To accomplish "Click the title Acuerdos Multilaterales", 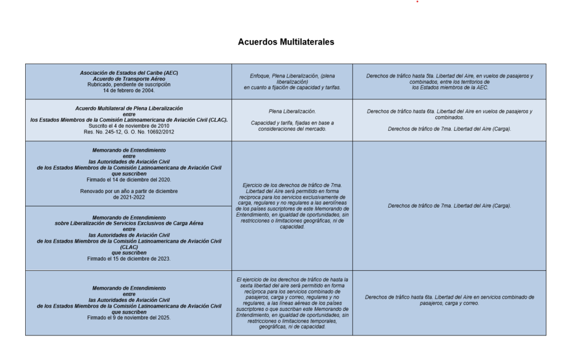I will (x=286, y=42).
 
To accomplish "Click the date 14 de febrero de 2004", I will (x=128, y=90).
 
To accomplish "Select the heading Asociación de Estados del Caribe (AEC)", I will (x=128, y=73).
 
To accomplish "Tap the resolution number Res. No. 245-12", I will (x=109, y=132).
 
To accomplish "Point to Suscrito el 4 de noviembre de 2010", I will (x=128, y=126).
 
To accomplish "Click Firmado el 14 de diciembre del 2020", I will (x=128, y=180).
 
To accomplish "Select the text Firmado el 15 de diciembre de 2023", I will (x=128, y=259).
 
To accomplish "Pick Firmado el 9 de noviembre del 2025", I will (x=128, y=318).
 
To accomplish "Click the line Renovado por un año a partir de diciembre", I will (x=128, y=191).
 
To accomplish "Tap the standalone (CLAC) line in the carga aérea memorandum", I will (x=128, y=247).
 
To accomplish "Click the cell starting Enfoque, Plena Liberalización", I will (x=292, y=81).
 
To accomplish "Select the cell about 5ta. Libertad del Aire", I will (x=449, y=81).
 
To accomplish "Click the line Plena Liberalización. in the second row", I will (x=292, y=111).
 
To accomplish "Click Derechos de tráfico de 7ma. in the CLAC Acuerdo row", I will (x=449, y=129).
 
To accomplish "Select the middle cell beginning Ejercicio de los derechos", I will (x=292, y=205).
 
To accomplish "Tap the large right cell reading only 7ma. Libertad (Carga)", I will (x=449, y=205).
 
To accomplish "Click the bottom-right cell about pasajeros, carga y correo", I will (x=449, y=300).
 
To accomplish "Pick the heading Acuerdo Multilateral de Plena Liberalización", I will (x=128, y=108).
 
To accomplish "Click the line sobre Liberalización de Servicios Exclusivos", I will (x=128, y=223).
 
